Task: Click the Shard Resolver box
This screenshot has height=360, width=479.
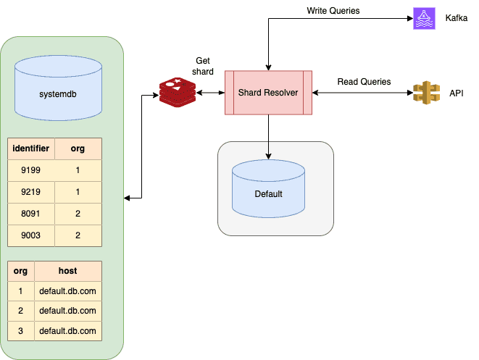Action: [269, 93]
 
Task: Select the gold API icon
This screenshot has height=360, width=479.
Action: [425, 93]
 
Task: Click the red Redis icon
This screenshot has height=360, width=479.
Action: [176, 93]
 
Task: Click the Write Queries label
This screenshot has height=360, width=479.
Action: [333, 11]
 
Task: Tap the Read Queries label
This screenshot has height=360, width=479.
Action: [364, 82]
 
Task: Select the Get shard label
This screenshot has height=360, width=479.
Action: [203, 67]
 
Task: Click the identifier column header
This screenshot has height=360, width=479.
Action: [31, 148]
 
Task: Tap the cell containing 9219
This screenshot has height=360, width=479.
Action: [31, 193]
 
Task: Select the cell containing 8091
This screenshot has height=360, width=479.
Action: [31, 214]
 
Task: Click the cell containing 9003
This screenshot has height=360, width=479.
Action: [31, 236]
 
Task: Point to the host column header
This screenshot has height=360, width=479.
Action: [67, 271]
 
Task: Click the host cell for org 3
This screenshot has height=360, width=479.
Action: [67, 331]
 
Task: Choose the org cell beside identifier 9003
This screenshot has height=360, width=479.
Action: [78, 236]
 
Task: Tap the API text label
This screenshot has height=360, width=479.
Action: [457, 93]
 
